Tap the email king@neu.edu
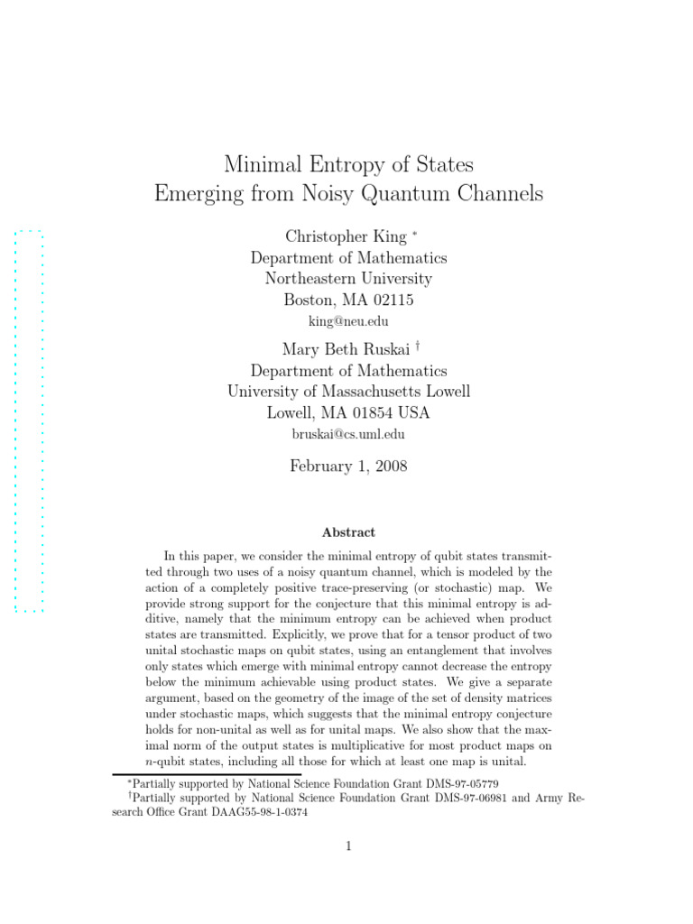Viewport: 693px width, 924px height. click(348, 320)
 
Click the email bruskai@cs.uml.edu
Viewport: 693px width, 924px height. click(348, 434)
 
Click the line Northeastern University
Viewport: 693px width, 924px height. click(348, 279)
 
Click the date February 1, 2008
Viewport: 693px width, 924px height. click(348, 466)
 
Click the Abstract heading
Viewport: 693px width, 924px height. click(348, 532)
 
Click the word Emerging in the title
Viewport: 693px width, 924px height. click(194, 193)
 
